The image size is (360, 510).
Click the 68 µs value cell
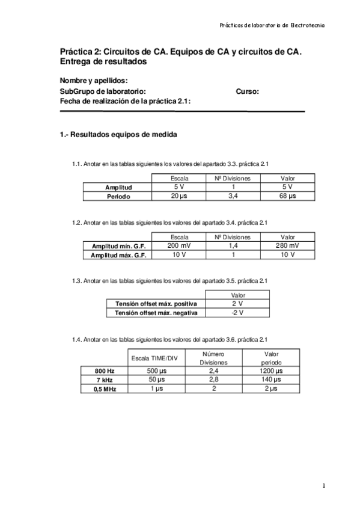tap(288, 196)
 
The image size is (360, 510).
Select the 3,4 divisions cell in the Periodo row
tap(233, 196)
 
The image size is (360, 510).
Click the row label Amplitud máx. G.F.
tap(118, 256)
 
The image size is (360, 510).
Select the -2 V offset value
tap(237, 313)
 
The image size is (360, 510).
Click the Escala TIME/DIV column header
tap(155, 358)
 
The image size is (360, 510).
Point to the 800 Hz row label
tap(104, 372)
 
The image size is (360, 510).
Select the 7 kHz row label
tap(104, 380)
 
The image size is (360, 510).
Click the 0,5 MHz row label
tap(104, 389)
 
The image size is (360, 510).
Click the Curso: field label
tap(248, 91)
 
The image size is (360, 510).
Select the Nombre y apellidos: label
tap(93, 81)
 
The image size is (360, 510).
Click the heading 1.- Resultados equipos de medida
tap(118, 135)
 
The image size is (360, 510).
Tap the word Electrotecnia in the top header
tap(308, 25)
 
